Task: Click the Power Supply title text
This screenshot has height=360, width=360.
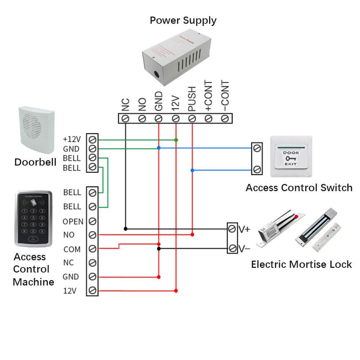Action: click(183, 20)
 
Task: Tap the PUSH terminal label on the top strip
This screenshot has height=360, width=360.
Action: click(192, 98)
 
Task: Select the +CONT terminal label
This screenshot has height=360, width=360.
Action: click(208, 95)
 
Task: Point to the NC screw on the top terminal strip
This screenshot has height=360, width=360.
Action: click(126, 118)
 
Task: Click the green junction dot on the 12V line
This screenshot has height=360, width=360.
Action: click(176, 140)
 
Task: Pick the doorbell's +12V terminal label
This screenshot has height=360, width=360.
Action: click(72, 139)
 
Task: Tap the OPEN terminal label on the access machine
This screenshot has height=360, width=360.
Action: click(73, 221)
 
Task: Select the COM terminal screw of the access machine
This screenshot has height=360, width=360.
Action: click(92, 249)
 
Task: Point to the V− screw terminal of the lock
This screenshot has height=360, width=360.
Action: click(233, 248)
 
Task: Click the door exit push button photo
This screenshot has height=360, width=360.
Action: click(291, 156)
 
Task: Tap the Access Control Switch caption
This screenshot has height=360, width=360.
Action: click(299, 188)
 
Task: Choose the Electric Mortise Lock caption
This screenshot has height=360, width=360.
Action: click(301, 265)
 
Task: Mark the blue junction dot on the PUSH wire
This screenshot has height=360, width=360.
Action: click(192, 170)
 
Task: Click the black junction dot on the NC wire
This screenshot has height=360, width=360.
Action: click(126, 229)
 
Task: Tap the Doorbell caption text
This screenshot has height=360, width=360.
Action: click(35, 162)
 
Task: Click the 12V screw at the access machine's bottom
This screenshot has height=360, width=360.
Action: click(92, 290)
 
